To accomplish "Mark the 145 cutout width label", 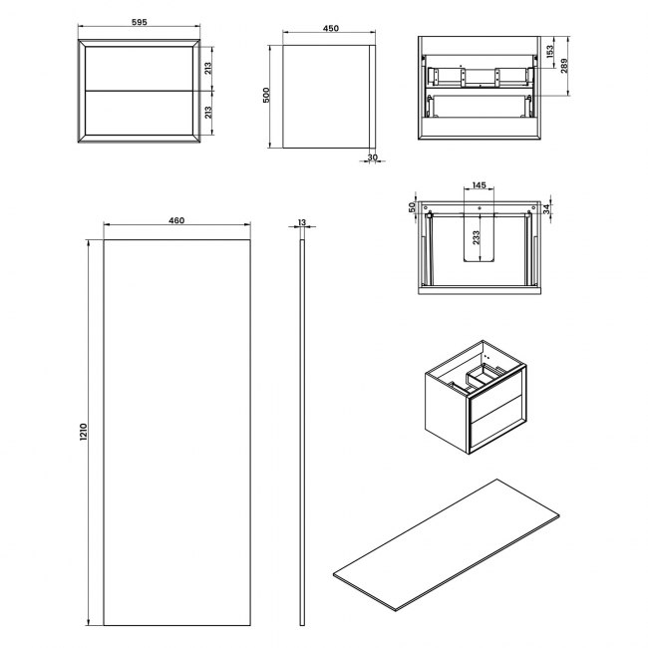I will tap(480, 185).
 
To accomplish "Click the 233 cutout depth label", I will tap(477, 236).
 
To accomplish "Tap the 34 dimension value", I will tap(546, 207).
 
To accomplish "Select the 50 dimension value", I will tap(412, 207).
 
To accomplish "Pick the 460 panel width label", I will tap(176, 221).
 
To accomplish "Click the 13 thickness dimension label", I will tap(301, 221).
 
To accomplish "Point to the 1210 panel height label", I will tap(85, 432).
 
